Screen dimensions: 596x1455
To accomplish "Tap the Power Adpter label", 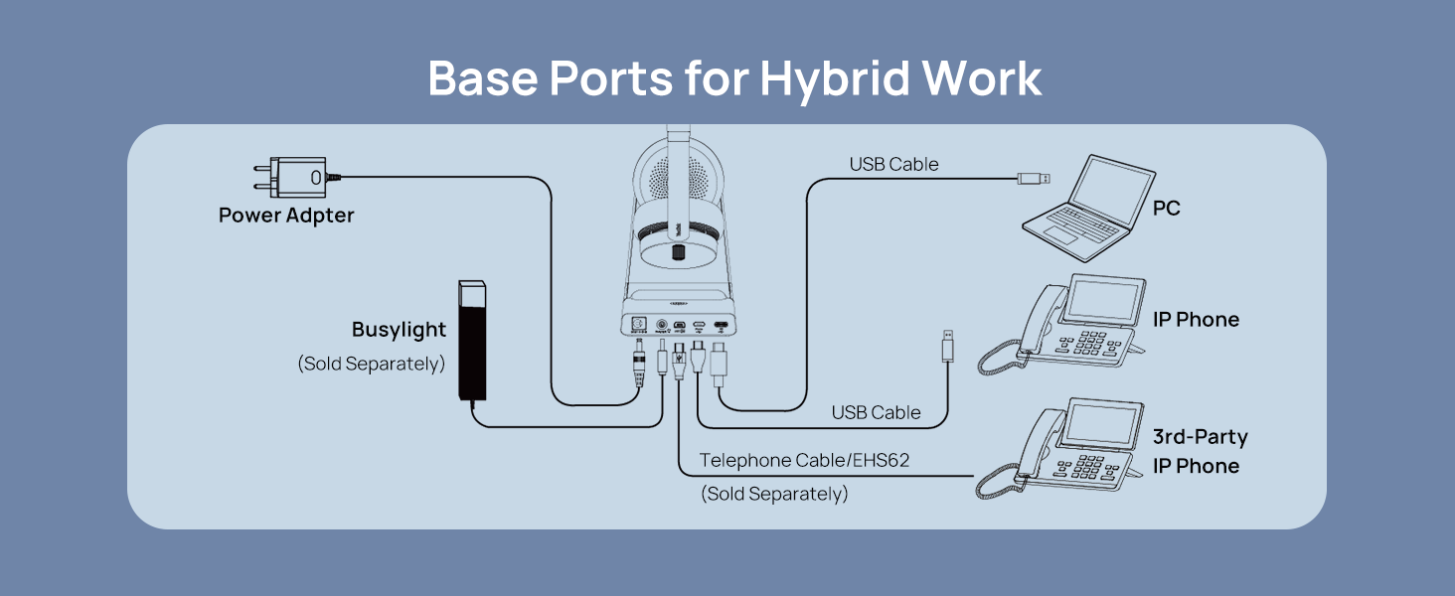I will pos(286,215).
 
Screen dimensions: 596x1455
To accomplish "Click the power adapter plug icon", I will pos(298,178).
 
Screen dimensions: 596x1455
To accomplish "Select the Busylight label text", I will pos(399,330).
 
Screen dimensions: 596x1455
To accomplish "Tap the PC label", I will pos(1166,210).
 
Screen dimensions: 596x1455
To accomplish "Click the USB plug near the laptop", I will pos(1033,179).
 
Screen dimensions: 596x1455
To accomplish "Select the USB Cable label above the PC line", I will pos(893,164).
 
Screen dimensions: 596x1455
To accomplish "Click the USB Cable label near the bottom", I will pos(876,412).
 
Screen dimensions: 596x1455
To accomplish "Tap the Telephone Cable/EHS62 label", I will pos(804,461).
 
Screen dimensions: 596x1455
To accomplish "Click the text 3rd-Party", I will pos(1200,437).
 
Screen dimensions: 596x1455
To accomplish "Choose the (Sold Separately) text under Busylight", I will pos(371,364).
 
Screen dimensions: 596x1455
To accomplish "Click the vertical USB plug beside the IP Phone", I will pos(949,348).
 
